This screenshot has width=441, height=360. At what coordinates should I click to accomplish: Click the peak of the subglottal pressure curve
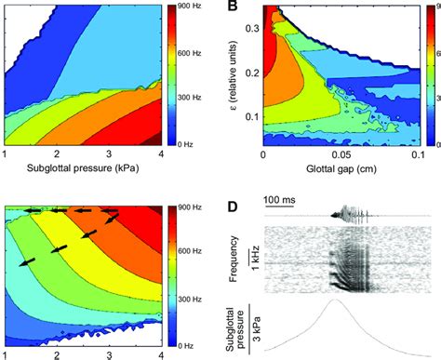[335, 300]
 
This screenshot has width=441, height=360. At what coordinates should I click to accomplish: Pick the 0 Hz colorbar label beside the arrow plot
[182, 342]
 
